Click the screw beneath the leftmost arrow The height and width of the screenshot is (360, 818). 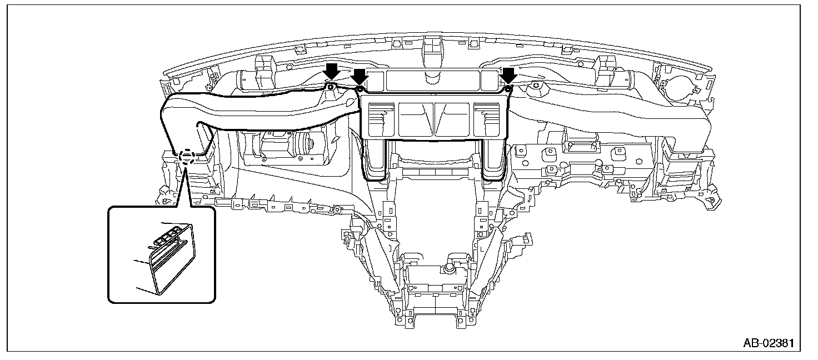coord(331,87)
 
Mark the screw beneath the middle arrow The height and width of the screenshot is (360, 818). coord(359,89)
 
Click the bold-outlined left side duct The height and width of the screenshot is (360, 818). coord(250,111)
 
